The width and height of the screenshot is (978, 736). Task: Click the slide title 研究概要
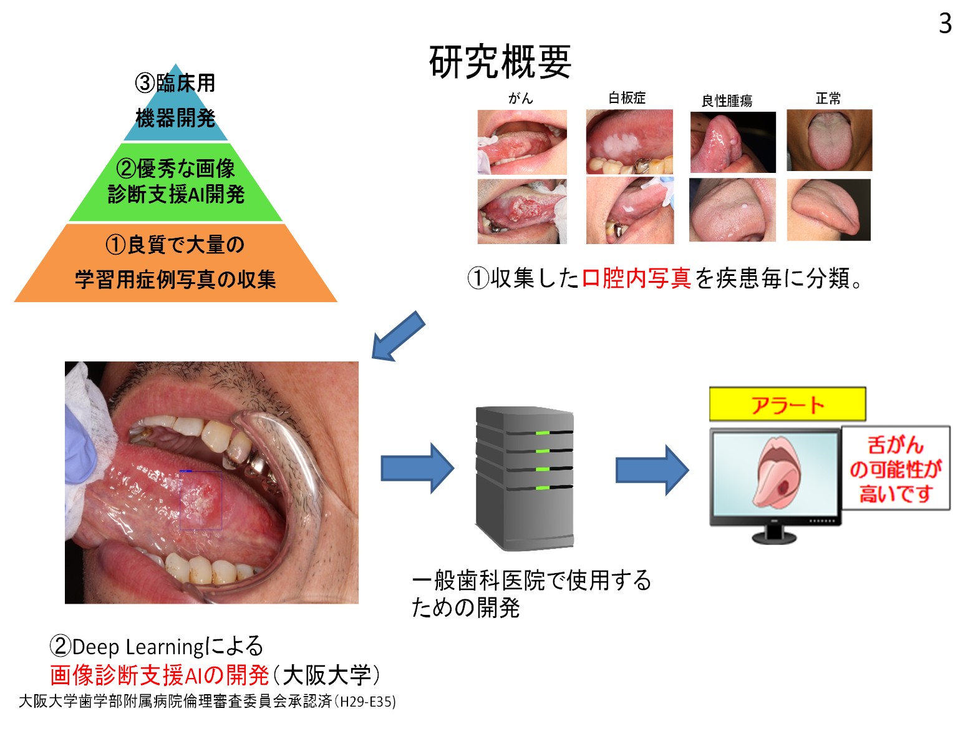coord(500,62)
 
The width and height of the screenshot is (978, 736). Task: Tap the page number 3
coord(945,24)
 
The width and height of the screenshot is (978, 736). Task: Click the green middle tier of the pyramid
coord(176,182)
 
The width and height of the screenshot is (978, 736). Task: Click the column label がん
coord(521,98)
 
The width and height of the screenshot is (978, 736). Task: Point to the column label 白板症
coord(627,98)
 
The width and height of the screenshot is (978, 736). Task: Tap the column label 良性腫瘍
coord(727,101)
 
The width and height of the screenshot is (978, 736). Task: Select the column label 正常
coord(828,99)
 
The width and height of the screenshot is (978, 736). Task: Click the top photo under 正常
coord(829,140)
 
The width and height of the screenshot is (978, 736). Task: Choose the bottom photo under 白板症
coord(629,210)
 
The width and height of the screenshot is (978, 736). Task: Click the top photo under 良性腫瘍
coord(733,142)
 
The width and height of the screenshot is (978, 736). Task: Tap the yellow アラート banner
coord(787,405)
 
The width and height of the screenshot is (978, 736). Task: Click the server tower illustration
coord(525,478)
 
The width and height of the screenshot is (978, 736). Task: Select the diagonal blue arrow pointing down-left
coord(397,336)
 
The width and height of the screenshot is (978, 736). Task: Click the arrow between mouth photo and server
coord(417,468)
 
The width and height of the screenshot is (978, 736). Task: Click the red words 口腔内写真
coord(636,278)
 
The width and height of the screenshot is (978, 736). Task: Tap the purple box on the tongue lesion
coord(201,501)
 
